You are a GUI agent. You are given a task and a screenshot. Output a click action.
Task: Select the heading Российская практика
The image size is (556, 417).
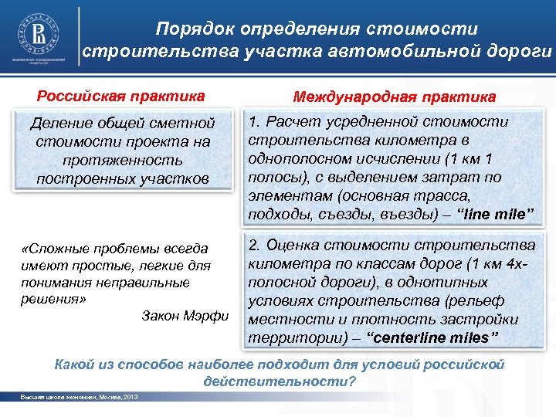[x=121, y=97]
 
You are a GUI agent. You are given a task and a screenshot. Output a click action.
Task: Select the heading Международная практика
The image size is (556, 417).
[x=395, y=98]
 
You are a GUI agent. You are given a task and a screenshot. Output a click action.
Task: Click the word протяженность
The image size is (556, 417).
[x=124, y=161]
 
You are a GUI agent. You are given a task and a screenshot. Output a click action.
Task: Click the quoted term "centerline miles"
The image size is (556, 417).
[x=432, y=337]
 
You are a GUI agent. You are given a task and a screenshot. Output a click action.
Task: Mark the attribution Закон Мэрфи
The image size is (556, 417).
[x=185, y=316]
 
